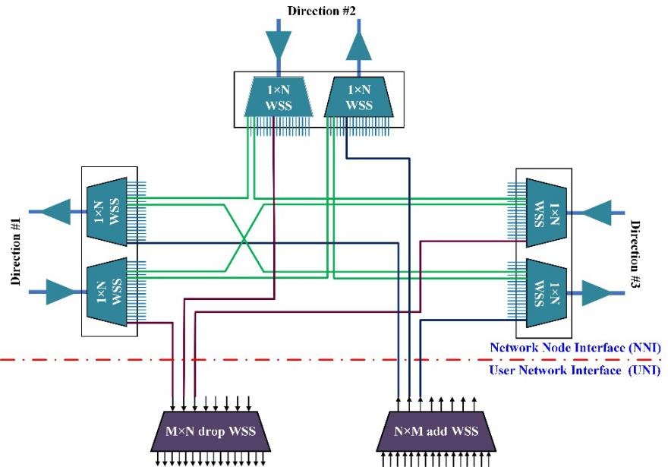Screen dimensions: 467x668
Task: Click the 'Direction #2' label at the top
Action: point(322,11)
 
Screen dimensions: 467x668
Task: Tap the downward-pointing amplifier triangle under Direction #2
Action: point(276,46)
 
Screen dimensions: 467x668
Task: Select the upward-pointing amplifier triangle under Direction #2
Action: point(360,48)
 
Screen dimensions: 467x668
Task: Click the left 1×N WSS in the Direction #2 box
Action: point(276,98)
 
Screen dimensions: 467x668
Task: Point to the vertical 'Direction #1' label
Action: point(16,251)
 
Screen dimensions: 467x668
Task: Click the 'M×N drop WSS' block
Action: point(218,432)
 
